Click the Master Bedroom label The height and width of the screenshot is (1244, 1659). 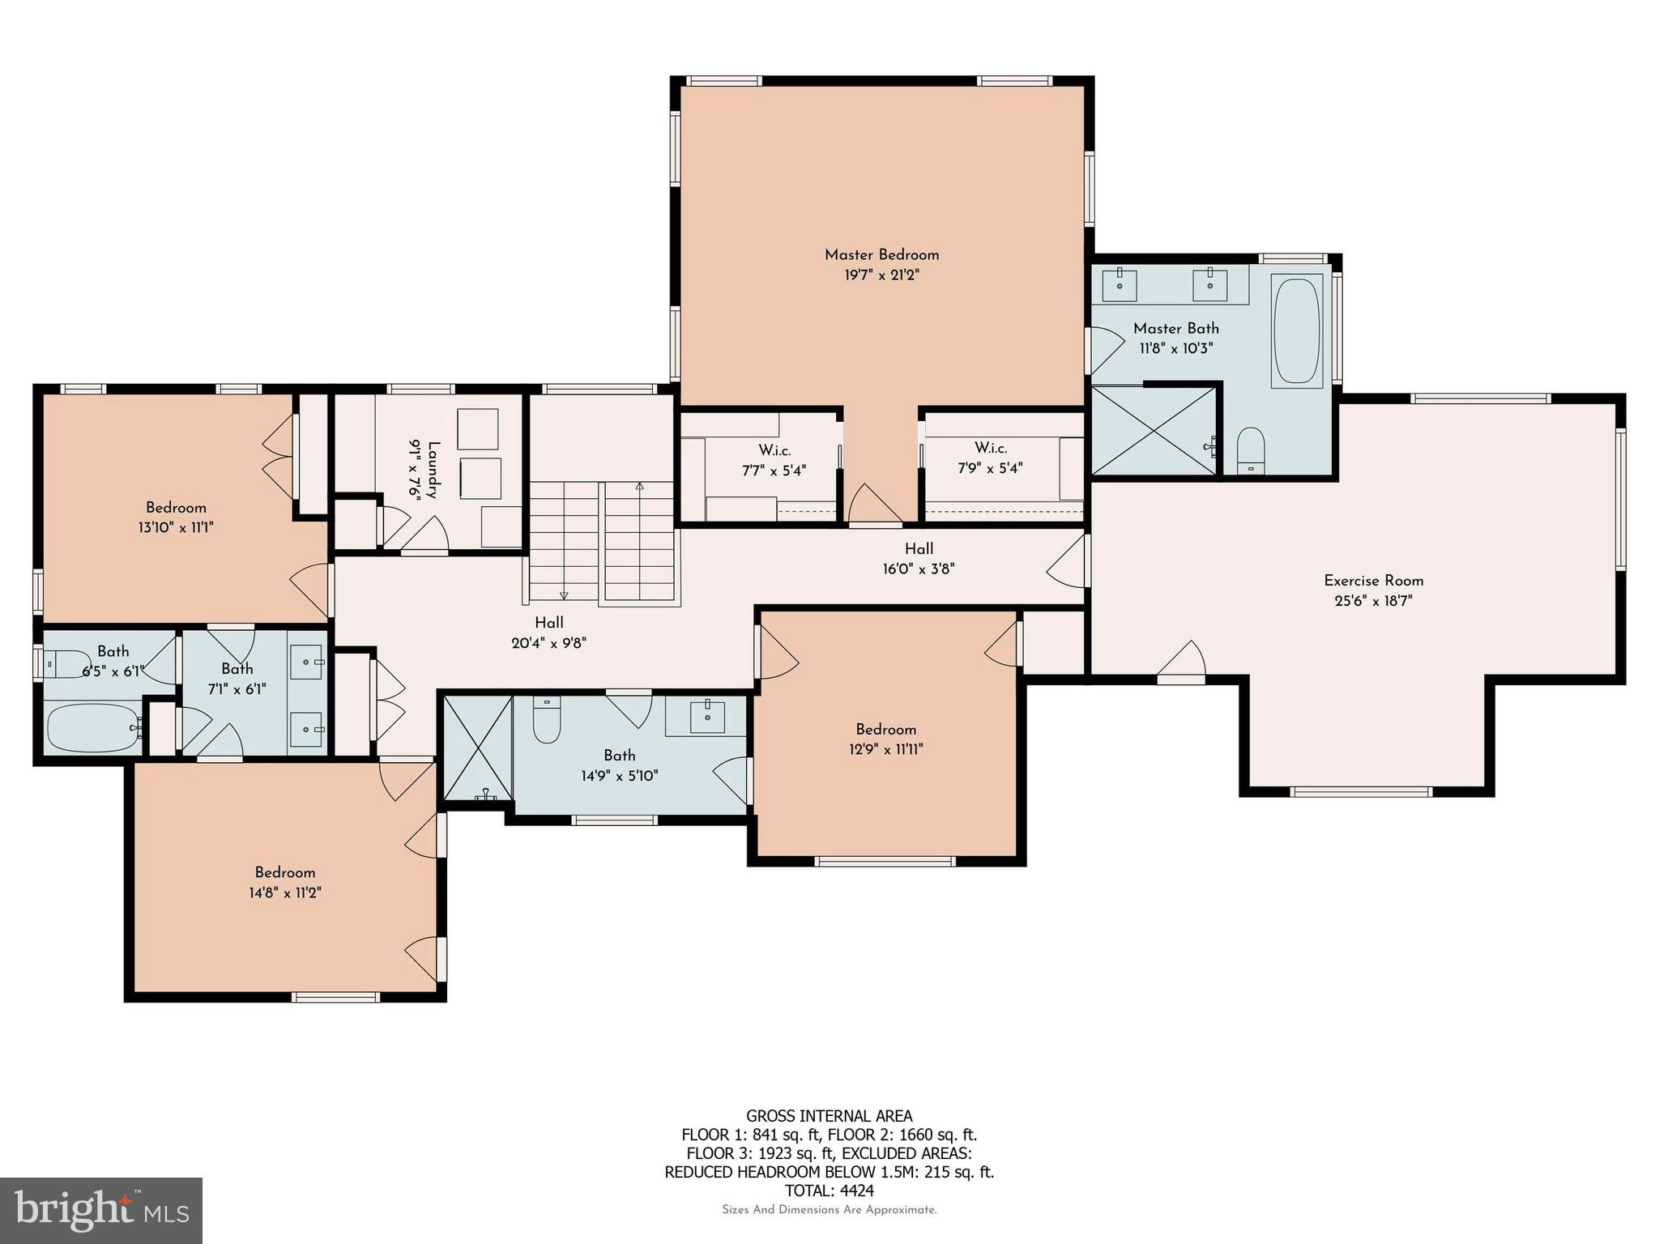[881, 254]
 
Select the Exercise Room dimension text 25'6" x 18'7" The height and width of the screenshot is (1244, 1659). [1373, 601]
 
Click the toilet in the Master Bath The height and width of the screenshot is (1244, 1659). [1252, 449]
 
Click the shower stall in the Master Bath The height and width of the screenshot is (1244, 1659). [1154, 430]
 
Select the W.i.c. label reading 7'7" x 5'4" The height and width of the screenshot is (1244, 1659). [774, 460]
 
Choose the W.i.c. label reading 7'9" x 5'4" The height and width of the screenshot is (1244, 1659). [990, 458]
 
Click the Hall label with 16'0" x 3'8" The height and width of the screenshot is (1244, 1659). [919, 559]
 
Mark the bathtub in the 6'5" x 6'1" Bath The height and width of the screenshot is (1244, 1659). [92, 726]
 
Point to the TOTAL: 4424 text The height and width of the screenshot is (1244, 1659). [829, 1191]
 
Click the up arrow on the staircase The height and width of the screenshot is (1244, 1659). [639, 487]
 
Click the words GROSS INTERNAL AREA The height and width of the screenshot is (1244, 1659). [829, 1116]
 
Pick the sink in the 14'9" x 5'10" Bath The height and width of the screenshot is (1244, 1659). [707, 716]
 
